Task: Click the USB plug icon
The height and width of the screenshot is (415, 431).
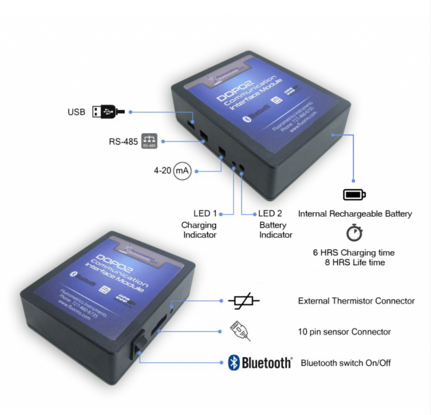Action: click(x=108, y=112)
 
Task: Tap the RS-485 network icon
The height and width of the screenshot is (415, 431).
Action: click(x=149, y=141)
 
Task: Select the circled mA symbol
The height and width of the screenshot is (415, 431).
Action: click(x=182, y=171)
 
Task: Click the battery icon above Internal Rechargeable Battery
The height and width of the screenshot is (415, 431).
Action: click(x=354, y=194)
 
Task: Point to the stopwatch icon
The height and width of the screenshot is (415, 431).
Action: click(x=354, y=233)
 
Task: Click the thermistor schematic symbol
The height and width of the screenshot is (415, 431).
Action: click(x=244, y=301)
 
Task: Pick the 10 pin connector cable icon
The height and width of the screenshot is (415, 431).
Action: click(x=240, y=331)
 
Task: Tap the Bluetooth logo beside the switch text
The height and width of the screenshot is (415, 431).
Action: click(x=260, y=362)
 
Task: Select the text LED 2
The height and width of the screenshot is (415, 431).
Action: click(x=272, y=213)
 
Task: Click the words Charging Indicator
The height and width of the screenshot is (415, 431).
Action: click(x=199, y=230)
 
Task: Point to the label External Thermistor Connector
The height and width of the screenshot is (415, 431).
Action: click(x=356, y=301)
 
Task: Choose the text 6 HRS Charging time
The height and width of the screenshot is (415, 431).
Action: click(x=354, y=253)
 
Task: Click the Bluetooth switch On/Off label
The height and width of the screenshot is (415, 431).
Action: click(x=345, y=362)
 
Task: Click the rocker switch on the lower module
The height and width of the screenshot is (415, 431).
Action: click(x=139, y=343)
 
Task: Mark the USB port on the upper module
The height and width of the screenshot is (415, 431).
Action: click(x=191, y=124)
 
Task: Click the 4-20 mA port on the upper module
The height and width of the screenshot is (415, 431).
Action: click(x=221, y=150)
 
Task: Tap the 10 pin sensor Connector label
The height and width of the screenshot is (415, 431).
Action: click(x=344, y=332)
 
